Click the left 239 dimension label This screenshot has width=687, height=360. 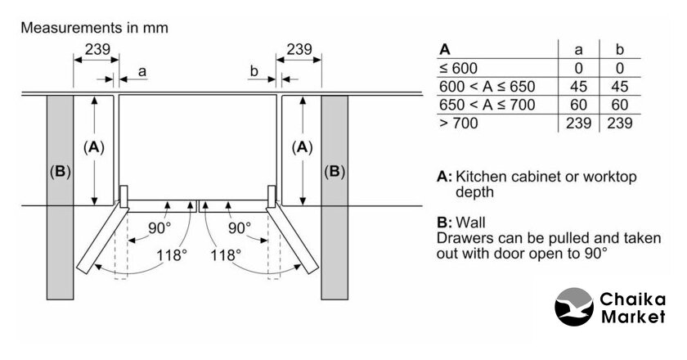tap(97, 49)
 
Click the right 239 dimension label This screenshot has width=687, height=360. tap(299, 49)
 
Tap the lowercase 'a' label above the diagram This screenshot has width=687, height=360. tap(142, 72)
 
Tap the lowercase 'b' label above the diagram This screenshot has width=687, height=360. tap(254, 72)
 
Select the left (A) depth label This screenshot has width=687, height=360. tap(95, 147)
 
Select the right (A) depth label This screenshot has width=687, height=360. tap(303, 147)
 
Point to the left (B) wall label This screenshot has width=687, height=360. tap(60, 172)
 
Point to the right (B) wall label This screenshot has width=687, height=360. tap(335, 172)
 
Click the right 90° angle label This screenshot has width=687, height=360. tap(240, 227)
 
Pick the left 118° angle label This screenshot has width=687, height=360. tap(173, 254)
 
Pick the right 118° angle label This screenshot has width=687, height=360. tap(226, 254)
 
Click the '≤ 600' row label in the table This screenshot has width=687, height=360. tap(458, 68)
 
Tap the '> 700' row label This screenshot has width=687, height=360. tap(458, 124)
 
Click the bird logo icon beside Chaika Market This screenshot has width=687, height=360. tap(573, 309)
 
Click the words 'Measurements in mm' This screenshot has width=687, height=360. tap(94, 28)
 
